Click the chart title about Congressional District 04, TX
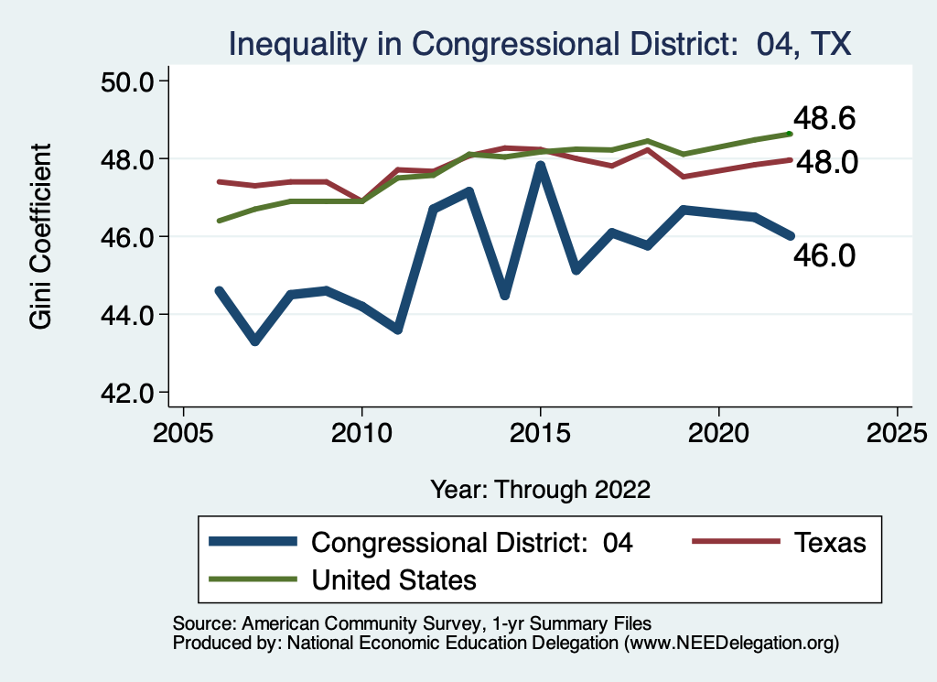point(540,43)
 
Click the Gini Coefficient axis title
point(41,236)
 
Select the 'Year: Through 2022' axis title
point(540,489)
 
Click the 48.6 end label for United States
point(824,118)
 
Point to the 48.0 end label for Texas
point(826,163)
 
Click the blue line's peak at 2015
point(541,166)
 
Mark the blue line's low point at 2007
point(255,341)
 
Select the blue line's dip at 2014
point(504,295)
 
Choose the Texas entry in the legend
point(829,542)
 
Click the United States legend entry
point(394,579)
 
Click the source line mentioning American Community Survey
point(412,622)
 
